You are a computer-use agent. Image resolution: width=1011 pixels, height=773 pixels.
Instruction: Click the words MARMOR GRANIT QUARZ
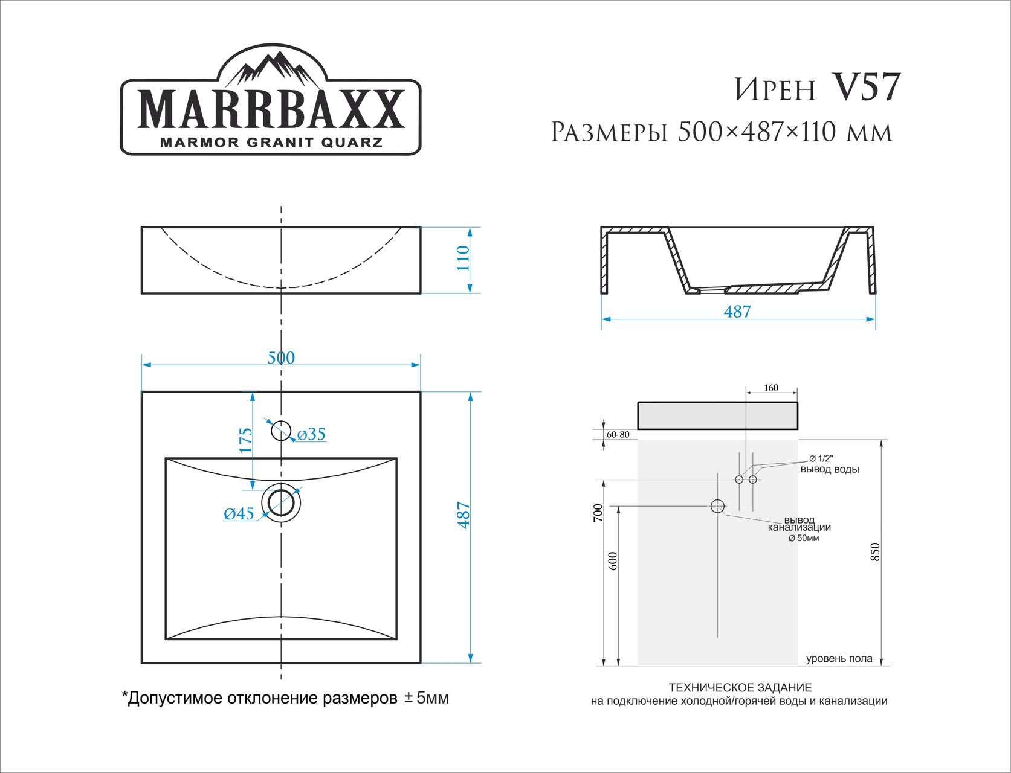click(x=271, y=143)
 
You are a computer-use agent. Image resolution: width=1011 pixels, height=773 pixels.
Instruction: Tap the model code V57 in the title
click(x=866, y=88)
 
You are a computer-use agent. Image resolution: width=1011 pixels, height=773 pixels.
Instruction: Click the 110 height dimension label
click(x=463, y=258)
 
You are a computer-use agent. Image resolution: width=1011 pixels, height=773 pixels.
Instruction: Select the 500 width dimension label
click(x=281, y=358)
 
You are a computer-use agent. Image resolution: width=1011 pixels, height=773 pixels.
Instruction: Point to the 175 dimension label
click(x=245, y=440)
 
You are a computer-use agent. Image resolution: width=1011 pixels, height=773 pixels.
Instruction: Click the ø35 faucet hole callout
click(x=311, y=434)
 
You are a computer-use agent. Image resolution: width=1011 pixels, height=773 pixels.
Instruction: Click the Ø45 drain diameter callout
click(x=239, y=514)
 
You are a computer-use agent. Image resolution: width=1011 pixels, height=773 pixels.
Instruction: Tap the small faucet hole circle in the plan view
click(x=281, y=431)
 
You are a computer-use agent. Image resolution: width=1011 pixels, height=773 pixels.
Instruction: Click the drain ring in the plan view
click(x=281, y=502)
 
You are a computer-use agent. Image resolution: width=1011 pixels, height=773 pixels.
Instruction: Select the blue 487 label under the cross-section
click(x=737, y=312)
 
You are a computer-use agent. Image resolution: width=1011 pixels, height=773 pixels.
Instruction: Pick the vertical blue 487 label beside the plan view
click(x=464, y=515)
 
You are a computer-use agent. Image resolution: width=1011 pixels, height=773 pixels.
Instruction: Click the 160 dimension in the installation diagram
click(x=771, y=388)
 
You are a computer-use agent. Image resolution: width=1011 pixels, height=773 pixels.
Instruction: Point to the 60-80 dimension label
click(x=618, y=435)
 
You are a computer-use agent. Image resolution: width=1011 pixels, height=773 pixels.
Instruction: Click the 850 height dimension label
click(x=876, y=551)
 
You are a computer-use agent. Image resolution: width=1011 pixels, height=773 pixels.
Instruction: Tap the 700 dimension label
click(x=598, y=513)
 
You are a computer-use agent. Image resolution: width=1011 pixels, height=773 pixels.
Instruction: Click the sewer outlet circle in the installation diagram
click(x=717, y=506)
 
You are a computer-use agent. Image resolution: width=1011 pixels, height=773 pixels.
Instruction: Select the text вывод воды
click(x=830, y=469)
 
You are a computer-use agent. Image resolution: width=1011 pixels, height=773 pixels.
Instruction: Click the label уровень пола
click(x=839, y=658)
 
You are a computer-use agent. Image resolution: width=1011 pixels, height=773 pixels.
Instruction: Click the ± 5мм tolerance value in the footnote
click(x=426, y=698)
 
